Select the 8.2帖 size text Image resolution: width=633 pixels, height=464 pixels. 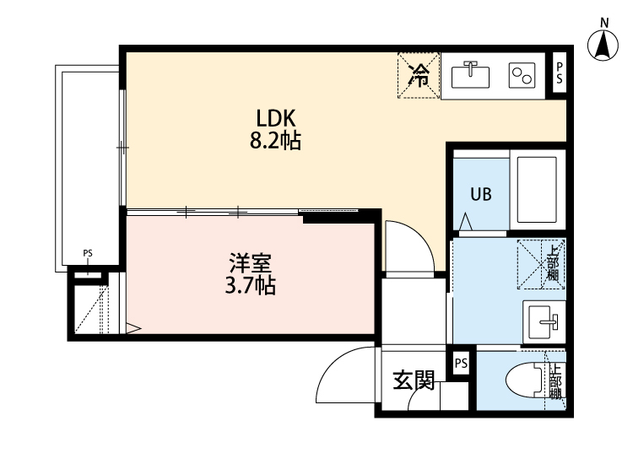[x=274, y=141]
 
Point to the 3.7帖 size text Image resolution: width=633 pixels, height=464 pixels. [x=250, y=286]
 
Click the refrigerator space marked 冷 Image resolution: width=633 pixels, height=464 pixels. [x=418, y=76]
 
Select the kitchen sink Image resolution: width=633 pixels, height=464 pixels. [x=471, y=75]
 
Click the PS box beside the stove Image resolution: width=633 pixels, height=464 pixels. [x=559, y=75]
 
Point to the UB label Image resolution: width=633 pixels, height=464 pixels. [x=481, y=193]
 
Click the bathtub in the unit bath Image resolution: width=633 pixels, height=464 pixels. [x=535, y=190]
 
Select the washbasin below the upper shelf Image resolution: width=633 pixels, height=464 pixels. [x=541, y=321]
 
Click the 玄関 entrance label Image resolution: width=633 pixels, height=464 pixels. [x=414, y=381]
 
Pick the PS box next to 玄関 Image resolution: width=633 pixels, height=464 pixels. [x=460, y=364]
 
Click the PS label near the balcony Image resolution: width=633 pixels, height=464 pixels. [x=88, y=253]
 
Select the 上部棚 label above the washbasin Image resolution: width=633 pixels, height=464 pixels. [x=552, y=262]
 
